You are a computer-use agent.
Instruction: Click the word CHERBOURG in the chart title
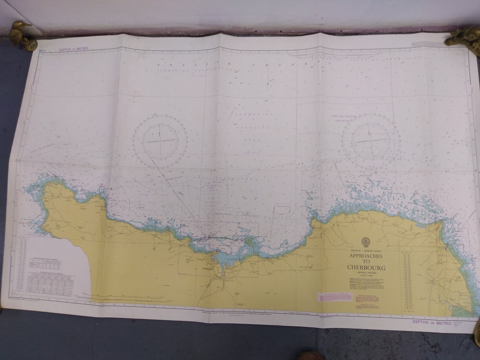click(366, 268)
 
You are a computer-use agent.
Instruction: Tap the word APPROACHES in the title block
click(366, 256)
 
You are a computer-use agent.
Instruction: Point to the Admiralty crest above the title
click(366, 242)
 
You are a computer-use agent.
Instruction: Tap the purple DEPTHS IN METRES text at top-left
click(74, 49)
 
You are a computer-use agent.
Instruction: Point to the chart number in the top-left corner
click(42, 51)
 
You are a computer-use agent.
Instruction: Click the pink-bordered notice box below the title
click(335, 297)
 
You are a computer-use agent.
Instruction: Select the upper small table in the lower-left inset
click(45, 264)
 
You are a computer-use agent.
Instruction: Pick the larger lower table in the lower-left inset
click(50, 282)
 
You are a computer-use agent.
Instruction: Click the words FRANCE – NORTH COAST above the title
click(366, 251)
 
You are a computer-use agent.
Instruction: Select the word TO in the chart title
click(366, 262)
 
